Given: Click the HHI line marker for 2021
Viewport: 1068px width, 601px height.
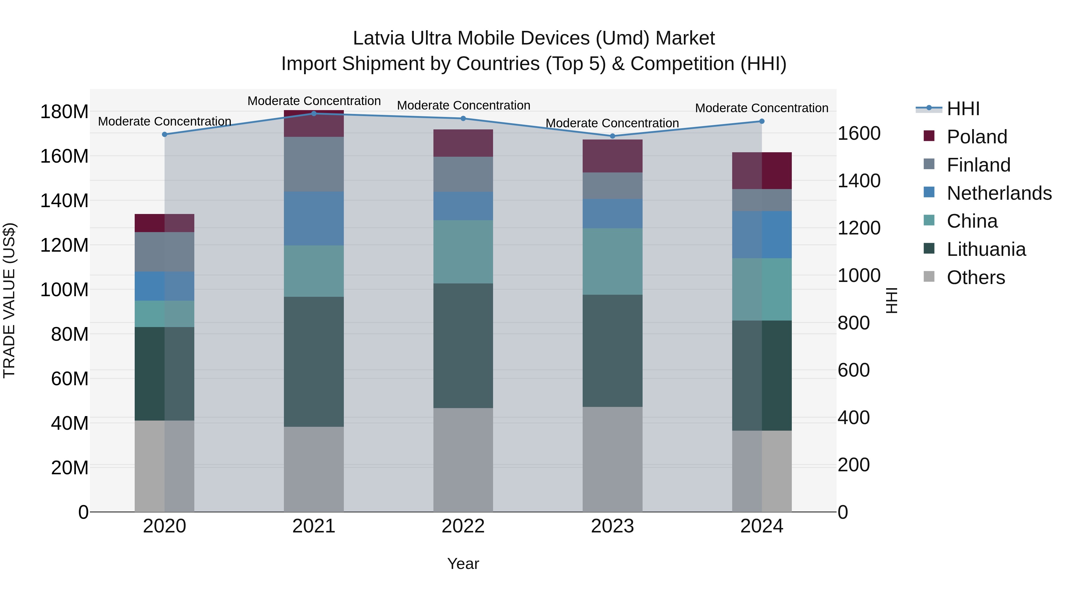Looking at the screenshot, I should click(314, 114).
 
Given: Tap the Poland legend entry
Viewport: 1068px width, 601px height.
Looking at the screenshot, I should click(976, 137).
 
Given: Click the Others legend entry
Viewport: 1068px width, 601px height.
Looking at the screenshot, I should click(975, 277).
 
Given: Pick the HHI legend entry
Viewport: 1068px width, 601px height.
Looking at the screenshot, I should click(963, 109).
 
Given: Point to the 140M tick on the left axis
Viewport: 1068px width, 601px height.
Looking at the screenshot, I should click(64, 201).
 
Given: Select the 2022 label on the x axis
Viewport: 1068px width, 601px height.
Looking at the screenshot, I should click(463, 526).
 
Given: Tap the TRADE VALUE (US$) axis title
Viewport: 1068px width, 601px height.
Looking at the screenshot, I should click(9, 300).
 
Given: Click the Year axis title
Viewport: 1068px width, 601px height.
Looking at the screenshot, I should click(463, 564).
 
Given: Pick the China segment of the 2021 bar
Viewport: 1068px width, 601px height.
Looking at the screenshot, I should click(314, 271).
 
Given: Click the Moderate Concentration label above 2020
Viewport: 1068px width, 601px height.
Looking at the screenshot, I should click(165, 121).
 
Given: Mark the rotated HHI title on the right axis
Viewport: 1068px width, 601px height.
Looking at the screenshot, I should click(892, 300).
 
